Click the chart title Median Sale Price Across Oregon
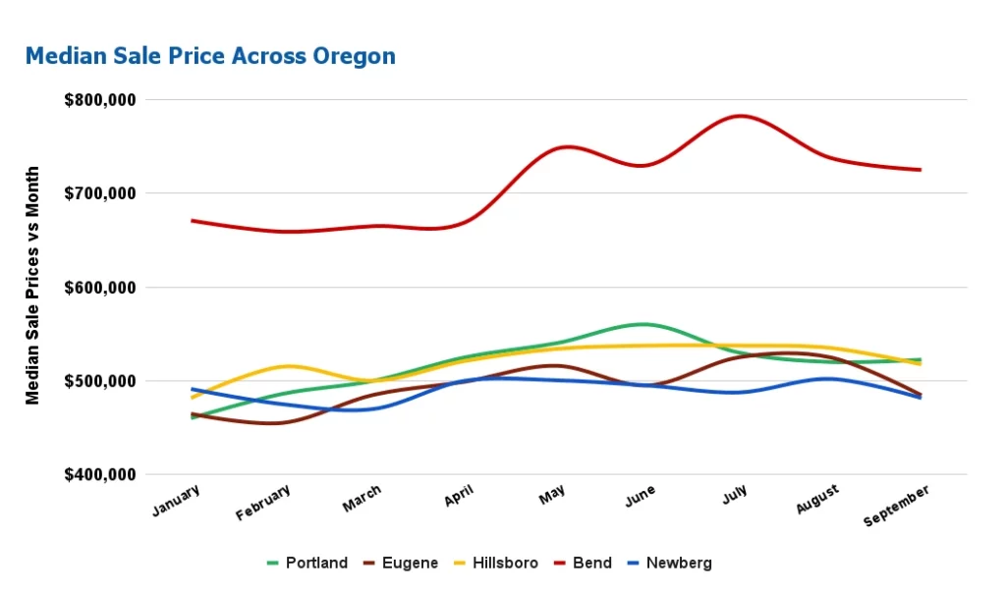click(x=210, y=56)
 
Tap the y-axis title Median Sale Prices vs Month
click(x=33, y=286)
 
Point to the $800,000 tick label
click(x=100, y=100)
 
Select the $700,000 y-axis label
click(x=100, y=193)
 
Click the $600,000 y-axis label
click(x=100, y=288)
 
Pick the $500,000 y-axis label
click(x=100, y=381)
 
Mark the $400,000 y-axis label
click(x=100, y=475)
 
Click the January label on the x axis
click(x=177, y=500)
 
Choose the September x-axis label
click(x=896, y=506)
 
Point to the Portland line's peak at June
click(x=643, y=324)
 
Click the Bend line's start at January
click(x=193, y=221)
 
